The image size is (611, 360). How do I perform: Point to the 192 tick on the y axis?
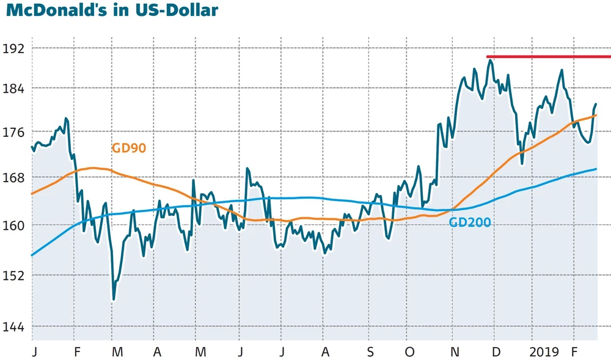(15, 48)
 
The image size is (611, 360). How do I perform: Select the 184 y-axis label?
(15, 89)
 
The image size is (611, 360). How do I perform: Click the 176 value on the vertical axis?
(15, 133)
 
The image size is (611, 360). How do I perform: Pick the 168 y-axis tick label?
(15, 178)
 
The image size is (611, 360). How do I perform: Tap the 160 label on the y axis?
(15, 225)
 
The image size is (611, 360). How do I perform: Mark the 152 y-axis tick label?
(15, 275)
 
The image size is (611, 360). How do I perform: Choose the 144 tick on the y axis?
(15, 327)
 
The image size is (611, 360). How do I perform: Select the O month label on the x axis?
(410, 353)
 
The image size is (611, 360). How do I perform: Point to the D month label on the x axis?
(496, 353)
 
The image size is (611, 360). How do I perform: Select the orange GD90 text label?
(129, 148)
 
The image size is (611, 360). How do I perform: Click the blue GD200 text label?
(470, 222)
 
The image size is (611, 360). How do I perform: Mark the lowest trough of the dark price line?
(114, 299)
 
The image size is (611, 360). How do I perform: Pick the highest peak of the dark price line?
(490, 60)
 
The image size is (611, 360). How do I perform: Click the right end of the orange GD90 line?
(596, 115)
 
